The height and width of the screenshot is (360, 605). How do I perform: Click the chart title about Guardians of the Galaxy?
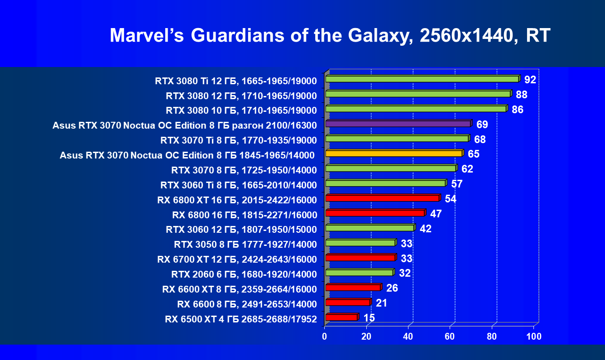click(330, 35)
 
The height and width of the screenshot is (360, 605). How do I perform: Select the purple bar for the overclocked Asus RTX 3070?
click(398, 124)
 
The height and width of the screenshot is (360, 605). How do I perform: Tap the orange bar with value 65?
click(394, 154)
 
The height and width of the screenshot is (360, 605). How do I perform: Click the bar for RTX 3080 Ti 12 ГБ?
click(422, 79)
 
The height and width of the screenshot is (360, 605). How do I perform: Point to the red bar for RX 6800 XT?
click(382, 198)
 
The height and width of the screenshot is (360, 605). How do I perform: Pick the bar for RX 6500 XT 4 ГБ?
click(341, 317)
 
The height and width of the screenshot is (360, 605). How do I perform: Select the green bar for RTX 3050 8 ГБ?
click(360, 243)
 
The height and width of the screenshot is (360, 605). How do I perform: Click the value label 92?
click(530, 80)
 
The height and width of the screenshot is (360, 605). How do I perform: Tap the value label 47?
click(436, 214)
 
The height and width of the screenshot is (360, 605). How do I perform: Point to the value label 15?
click(369, 318)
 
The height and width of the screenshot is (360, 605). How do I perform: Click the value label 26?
click(392, 288)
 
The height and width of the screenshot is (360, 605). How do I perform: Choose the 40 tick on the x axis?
click(408, 336)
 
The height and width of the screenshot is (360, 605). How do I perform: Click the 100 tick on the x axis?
click(533, 336)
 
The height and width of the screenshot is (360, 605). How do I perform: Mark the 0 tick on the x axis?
click(325, 336)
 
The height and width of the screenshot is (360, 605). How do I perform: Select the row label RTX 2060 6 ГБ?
click(244, 274)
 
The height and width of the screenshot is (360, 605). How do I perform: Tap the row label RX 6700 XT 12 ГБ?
click(237, 259)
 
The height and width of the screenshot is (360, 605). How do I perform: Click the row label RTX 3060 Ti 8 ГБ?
click(238, 185)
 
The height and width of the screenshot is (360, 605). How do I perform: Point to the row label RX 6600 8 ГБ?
click(247, 303)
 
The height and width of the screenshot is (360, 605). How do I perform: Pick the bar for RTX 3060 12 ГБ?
click(370, 228)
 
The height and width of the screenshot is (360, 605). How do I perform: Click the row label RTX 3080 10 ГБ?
click(241, 110)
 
